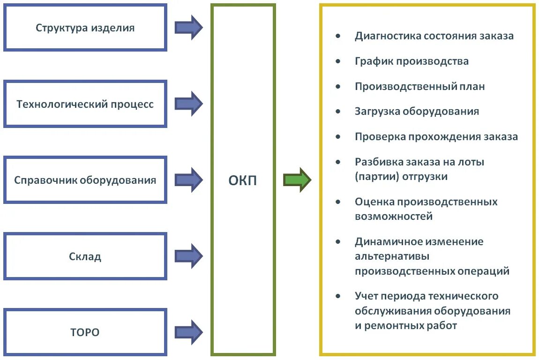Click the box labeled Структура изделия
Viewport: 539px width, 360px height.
click(x=85, y=28)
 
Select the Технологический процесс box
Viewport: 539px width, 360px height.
click(x=85, y=104)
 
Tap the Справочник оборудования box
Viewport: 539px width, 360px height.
click(x=85, y=180)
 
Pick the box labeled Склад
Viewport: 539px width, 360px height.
click(x=85, y=256)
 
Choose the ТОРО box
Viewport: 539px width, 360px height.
click(x=85, y=332)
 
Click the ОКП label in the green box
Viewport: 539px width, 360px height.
click(x=243, y=181)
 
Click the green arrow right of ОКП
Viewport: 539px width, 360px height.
click(x=297, y=180)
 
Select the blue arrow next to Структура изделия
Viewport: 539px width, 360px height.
click(x=188, y=28)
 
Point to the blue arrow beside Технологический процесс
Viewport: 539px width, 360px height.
click(x=188, y=104)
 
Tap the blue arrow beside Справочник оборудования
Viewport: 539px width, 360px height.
click(x=188, y=180)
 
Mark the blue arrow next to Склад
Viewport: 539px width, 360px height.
click(x=188, y=256)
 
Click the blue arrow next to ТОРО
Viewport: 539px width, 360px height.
click(x=188, y=332)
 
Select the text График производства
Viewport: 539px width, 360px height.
click(x=412, y=61)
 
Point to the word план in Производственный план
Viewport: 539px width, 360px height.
click(x=472, y=87)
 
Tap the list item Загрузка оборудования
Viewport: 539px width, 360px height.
click(x=417, y=112)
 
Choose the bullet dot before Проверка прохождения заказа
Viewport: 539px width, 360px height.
click(x=338, y=137)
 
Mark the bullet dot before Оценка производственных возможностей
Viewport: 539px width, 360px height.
click(x=338, y=202)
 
